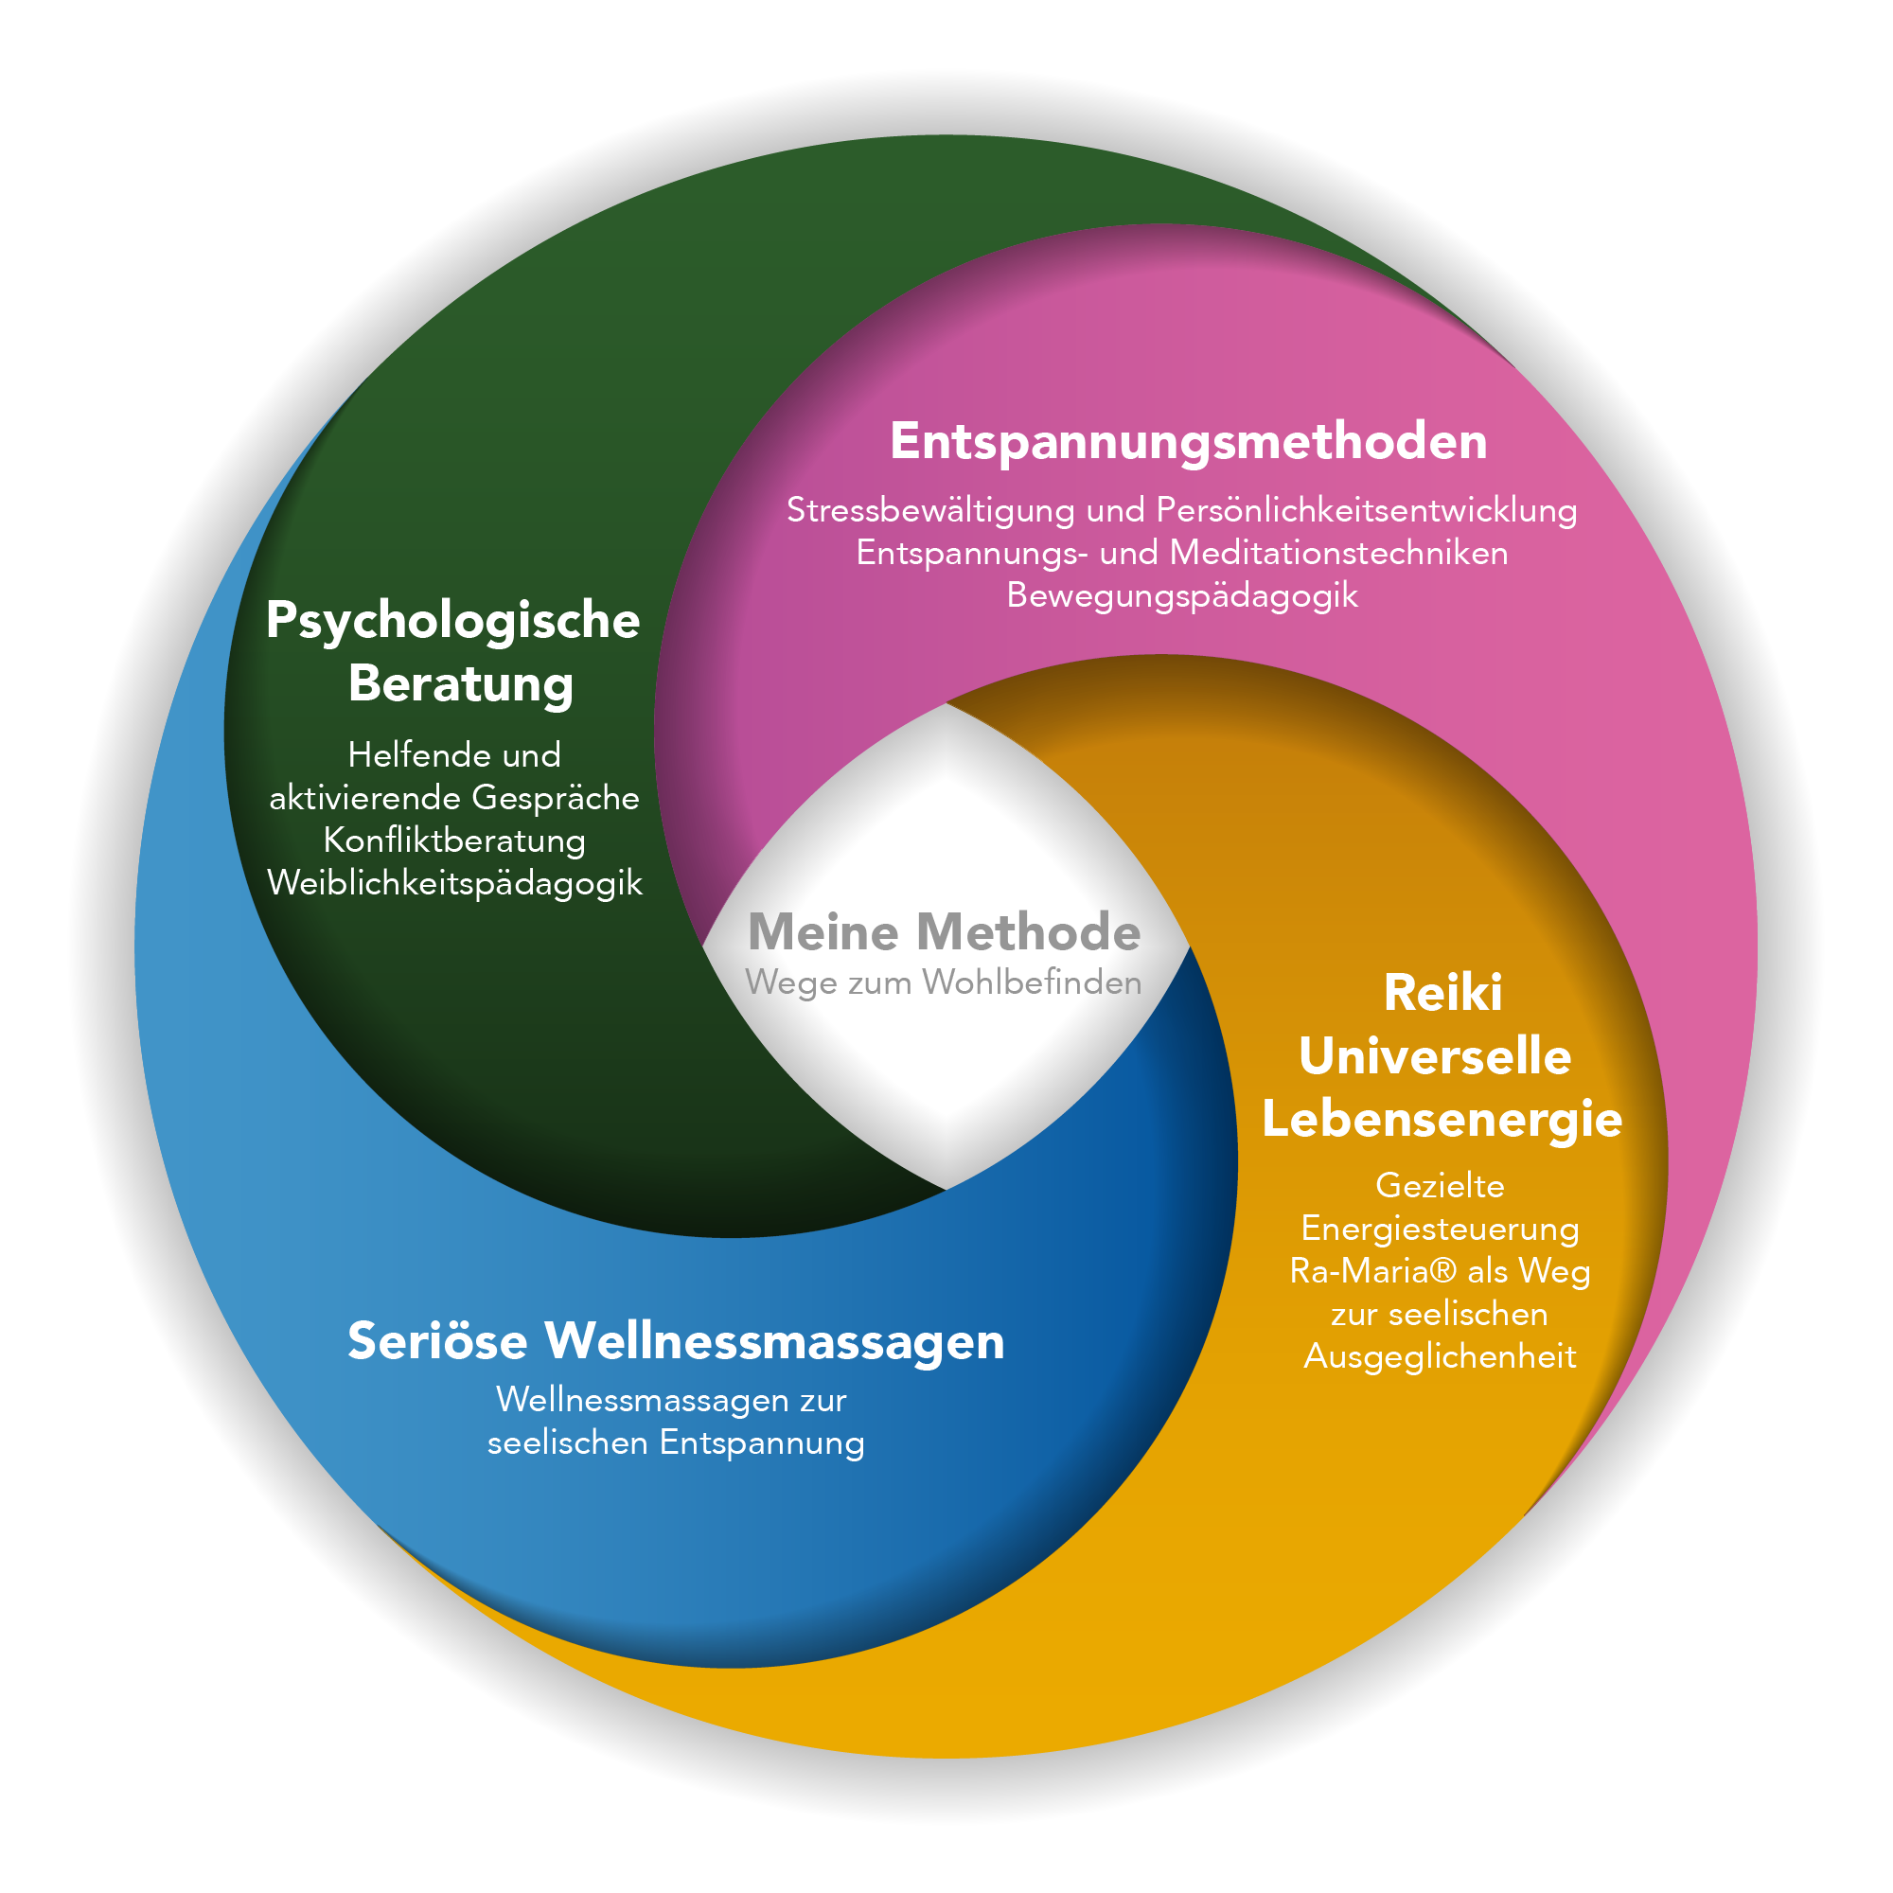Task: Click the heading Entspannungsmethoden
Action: pos(1189,442)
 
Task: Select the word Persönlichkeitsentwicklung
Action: pos(1367,510)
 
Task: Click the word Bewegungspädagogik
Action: pos(1182,595)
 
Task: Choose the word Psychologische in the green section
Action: pos(452,621)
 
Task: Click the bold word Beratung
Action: pos(461,684)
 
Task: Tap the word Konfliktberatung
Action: pos(454,840)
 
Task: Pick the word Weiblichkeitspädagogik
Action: pos(454,884)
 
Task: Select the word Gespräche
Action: pos(556,799)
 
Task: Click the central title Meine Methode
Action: pos(945,931)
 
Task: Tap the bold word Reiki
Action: pos(1442,994)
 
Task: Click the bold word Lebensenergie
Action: pos(1442,1120)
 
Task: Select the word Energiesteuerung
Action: pos(1441,1230)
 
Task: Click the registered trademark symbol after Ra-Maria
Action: pos(1443,1271)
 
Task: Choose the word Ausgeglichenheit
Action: pos(1441,1357)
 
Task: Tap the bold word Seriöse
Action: pos(438,1340)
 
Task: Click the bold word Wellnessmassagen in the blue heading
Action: pos(775,1342)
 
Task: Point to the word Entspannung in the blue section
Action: pos(762,1443)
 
